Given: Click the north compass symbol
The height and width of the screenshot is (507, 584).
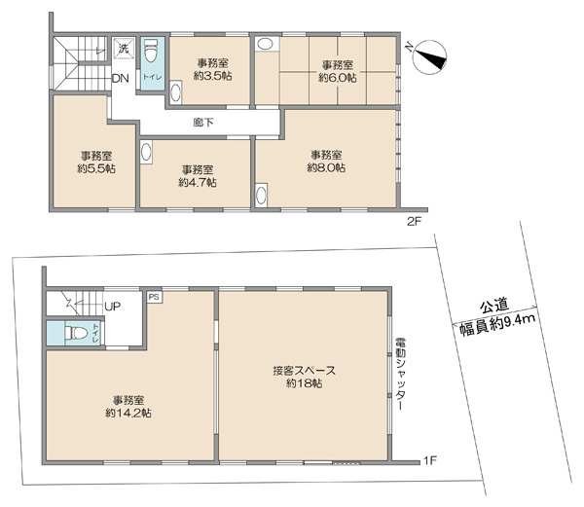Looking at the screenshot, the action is click(430, 57).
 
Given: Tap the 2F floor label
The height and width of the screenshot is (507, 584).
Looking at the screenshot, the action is click(414, 222).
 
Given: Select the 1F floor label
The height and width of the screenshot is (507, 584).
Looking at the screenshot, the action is click(429, 461).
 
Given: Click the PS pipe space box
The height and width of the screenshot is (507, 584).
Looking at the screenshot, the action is click(154, 297).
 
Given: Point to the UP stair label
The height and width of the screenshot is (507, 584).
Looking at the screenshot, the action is click(113, 307).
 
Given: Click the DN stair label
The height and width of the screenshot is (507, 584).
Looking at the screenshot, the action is click(121, 79).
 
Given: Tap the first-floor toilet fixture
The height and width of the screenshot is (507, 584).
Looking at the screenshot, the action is click(76, 333).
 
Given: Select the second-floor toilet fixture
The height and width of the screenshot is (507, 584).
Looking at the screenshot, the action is click(151, 52).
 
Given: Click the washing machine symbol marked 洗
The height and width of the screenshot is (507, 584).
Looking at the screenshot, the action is click(123, 48).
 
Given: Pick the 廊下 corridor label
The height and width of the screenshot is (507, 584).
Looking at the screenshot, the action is click(203, 123).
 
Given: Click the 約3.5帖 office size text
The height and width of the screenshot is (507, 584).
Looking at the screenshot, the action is click(212, 76).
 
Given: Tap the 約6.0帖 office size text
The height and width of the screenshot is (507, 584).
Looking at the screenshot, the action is click(338, 78).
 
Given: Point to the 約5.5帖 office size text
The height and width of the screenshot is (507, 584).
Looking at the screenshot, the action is click(96, 168).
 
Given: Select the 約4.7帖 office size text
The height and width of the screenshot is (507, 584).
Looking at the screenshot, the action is click(198, 183).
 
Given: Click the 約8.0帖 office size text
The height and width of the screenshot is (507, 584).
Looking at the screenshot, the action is click(326, 167).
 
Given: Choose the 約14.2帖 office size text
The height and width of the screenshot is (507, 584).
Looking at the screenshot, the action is click(128, 414).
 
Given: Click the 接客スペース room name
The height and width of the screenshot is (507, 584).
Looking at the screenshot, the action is click(305, 371).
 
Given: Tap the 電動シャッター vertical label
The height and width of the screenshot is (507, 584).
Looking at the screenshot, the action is click(400, 374).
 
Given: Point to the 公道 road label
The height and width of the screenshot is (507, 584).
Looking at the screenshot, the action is click(494, 306).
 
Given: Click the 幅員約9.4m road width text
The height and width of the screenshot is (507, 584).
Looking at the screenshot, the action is click(497, 325).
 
